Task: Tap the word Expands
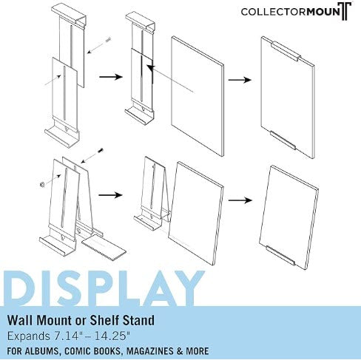[26, 336]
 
